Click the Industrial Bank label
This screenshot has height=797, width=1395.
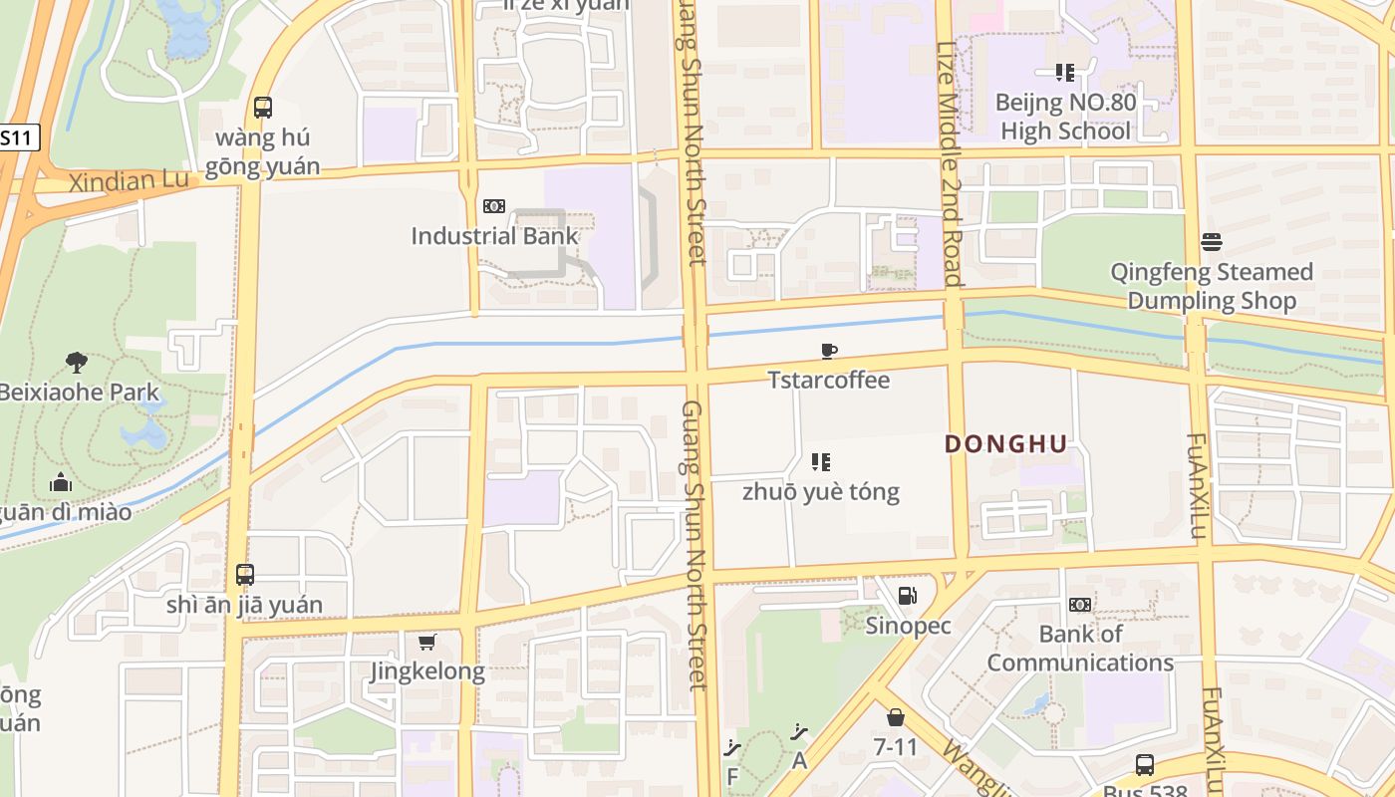494,236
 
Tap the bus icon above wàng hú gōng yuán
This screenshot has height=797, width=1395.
263,108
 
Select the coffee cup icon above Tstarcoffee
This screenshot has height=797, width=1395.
828,351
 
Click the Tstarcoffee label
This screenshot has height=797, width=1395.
828,380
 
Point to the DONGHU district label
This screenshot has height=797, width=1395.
1005,444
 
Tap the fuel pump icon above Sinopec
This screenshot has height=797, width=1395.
907,596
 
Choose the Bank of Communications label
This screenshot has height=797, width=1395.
1080,648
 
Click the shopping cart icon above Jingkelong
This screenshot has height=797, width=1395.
427,642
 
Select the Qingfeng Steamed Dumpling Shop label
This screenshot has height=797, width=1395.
1212,286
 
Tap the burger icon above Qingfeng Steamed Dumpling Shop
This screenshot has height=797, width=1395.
1212,241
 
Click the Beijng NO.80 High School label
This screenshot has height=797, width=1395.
1065,117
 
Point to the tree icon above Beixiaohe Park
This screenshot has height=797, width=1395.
77,362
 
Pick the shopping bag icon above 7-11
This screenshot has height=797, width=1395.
895,716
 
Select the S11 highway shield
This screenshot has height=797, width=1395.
17,138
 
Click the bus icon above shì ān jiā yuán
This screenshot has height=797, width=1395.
245,575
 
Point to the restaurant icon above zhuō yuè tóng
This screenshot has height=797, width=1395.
821,462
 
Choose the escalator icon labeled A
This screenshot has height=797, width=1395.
798,733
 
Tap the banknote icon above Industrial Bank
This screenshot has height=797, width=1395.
493,206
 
